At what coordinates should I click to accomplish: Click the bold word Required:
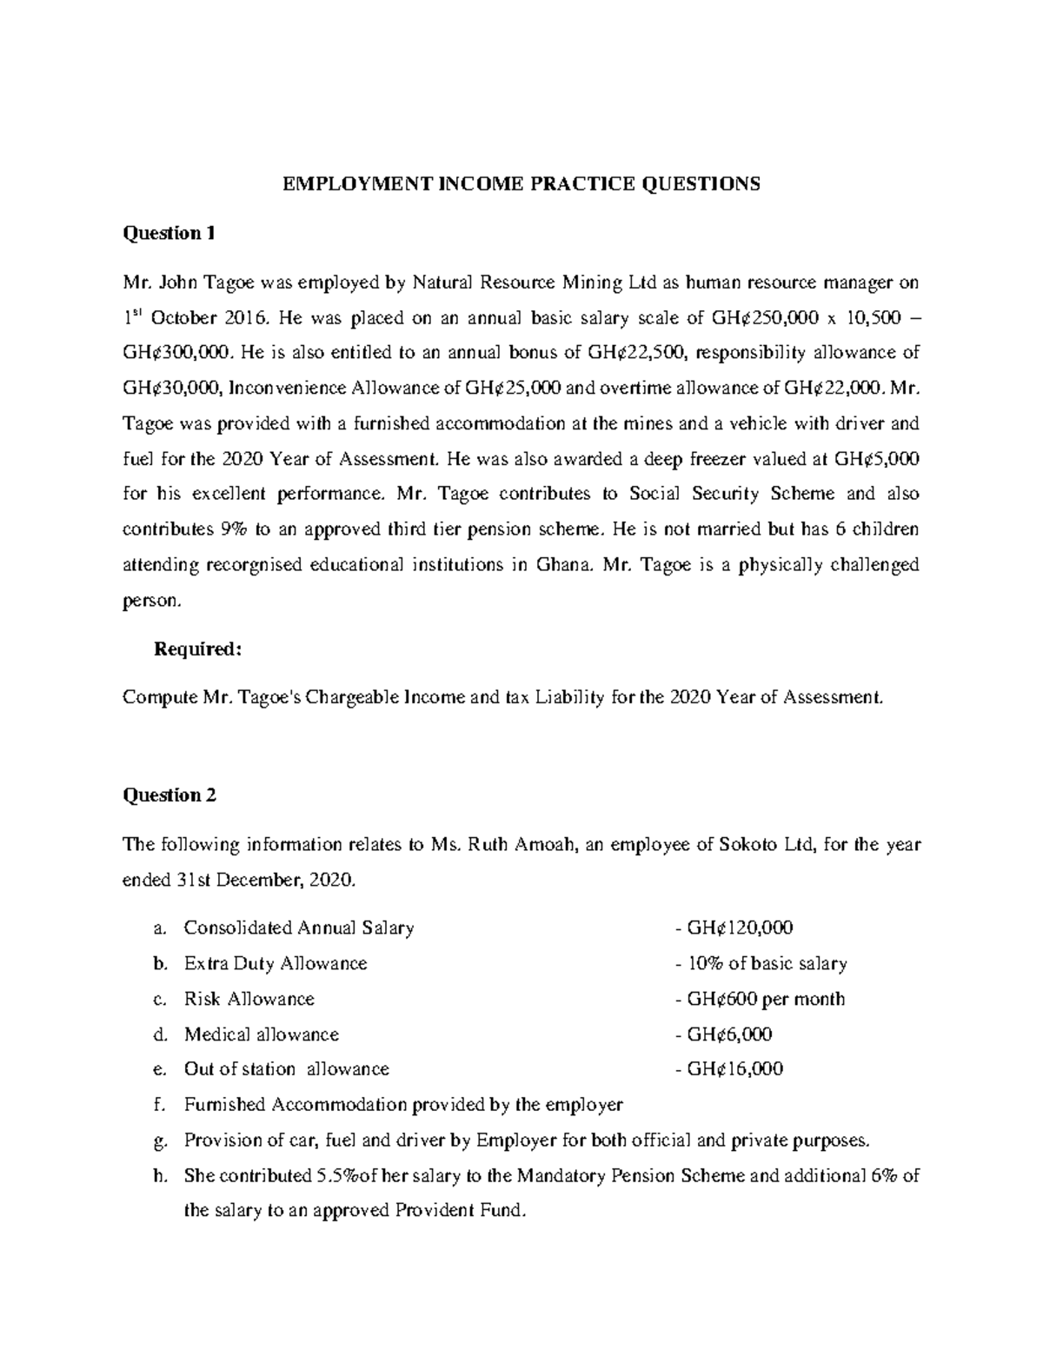click(x=196, y=649)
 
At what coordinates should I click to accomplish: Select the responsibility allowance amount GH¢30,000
click(x=166, y=388)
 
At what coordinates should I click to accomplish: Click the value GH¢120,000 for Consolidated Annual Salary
click(x=739, y=928)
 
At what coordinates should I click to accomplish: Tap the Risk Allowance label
click(x=249, y=999)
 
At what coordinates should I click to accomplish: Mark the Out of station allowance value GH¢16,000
click(x=734, y=1069)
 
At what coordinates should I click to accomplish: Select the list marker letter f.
click(x=157, y=1105)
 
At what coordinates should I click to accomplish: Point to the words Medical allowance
click(x=261, y=1034)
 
